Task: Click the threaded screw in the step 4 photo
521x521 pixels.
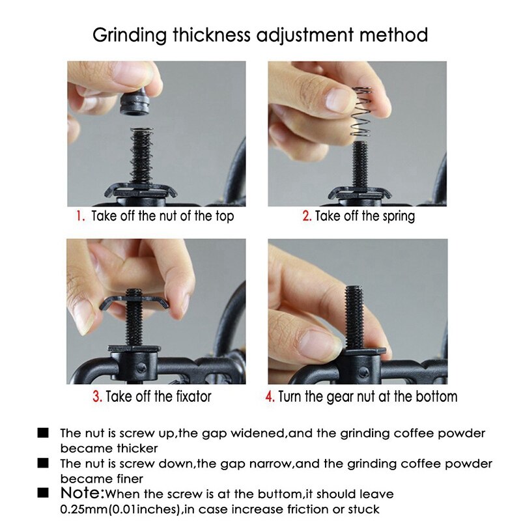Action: click(357, 312)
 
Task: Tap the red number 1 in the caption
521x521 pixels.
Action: click(80, 216)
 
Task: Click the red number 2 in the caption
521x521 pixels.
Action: click(306, 216)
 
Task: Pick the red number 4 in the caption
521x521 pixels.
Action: click(270, 397)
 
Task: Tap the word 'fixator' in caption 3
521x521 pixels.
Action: click(189, 397)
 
